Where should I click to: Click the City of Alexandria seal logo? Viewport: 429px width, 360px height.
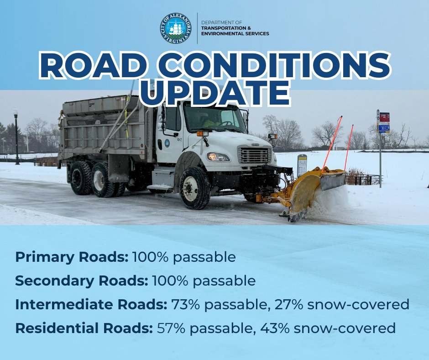[176, 28]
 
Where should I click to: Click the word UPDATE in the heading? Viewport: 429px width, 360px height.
[215, 93]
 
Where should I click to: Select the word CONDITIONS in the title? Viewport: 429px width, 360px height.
[274, 66]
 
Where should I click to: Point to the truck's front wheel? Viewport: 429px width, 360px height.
[194, 188]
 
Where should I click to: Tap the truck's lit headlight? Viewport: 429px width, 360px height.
[218, 157]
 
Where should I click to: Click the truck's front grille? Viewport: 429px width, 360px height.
[254, 155]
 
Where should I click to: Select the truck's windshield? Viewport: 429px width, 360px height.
[214, 118]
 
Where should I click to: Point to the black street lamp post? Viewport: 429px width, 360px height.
[16, 137]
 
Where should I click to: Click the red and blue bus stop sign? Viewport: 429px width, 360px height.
[384, 122]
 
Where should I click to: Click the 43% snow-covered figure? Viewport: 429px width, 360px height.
[274, 328]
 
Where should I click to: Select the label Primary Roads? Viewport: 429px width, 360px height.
[72, 257]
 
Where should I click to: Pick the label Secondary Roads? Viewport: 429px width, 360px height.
[82, 281]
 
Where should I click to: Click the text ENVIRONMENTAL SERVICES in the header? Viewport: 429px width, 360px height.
[235, 34]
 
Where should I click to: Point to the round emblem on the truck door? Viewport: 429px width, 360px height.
[167, 143]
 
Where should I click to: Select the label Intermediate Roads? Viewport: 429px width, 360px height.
[91, 305]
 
